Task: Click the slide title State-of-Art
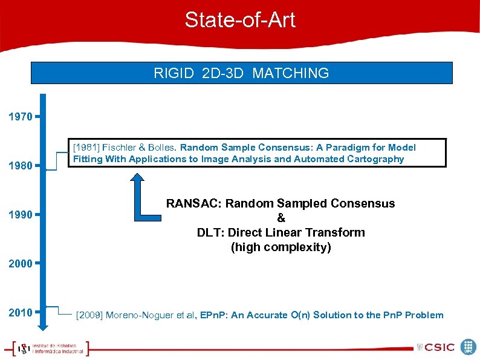pos(240,20)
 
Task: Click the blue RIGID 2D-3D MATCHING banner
pos(241,73)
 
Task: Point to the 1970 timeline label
pos(21,116)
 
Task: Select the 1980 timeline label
pos(21,165)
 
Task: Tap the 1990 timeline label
pos(21,215)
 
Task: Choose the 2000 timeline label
pos(21,264)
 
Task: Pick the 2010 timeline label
pos(21,313)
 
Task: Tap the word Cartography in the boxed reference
pos(375,159)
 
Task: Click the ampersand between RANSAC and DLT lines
pos(281,218)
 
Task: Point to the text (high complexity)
pos(281,247)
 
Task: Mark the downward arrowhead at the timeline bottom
pos(42,326)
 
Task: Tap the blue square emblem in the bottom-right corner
pos(468,347)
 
